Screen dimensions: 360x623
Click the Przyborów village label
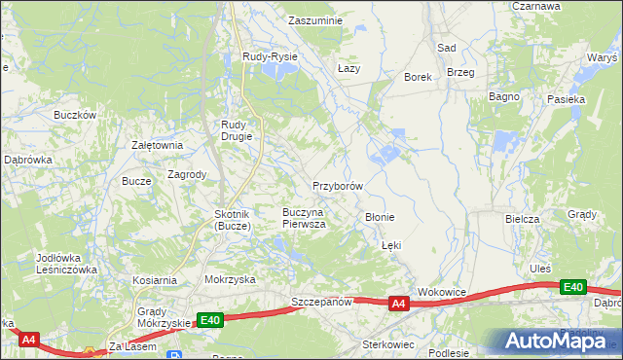338,186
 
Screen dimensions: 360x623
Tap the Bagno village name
504,97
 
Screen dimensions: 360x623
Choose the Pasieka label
566,99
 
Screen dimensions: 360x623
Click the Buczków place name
75,115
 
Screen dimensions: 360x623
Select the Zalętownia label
157,145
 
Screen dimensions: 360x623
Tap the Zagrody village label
187,175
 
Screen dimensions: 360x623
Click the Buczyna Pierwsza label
304,217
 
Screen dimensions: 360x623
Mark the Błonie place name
379,217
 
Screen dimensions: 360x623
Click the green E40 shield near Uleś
573,287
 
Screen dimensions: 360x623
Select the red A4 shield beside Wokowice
398,305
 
